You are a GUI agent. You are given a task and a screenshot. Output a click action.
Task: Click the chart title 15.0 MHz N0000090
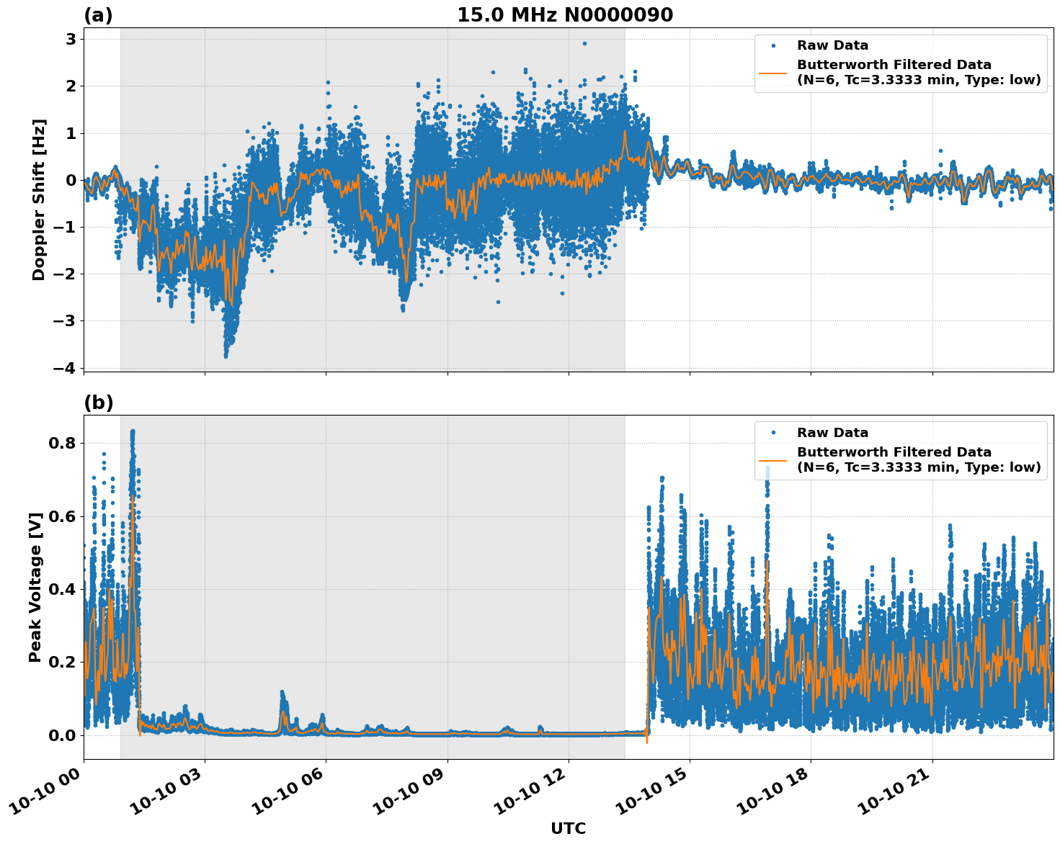pos(564,15)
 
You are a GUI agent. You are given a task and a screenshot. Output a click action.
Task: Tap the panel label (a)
pos(98,15)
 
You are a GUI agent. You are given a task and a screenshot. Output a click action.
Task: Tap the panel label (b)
pos(98,403)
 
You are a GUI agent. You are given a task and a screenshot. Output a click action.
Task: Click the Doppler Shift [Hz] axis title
pos(39,199)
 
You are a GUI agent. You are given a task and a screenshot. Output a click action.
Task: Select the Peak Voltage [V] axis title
pos(35,587)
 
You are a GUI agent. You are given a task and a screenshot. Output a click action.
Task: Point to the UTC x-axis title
pos(568,828)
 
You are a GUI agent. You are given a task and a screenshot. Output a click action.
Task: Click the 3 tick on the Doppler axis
pos(71,39)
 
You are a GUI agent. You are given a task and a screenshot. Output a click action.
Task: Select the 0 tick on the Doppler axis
pos(71,180)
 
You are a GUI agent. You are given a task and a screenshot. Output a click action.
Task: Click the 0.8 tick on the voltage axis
pos(61,443)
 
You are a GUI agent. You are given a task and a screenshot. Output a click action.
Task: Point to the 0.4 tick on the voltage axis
pos(61,589)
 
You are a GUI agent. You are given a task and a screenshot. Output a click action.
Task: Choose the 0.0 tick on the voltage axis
pos(61,735)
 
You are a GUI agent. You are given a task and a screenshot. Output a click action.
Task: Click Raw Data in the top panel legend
pos(832,46)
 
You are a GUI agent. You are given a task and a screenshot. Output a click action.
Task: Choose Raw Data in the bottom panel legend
pos(832,433)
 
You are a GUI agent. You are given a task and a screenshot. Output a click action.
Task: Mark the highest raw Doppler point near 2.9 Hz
pos(584,43)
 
